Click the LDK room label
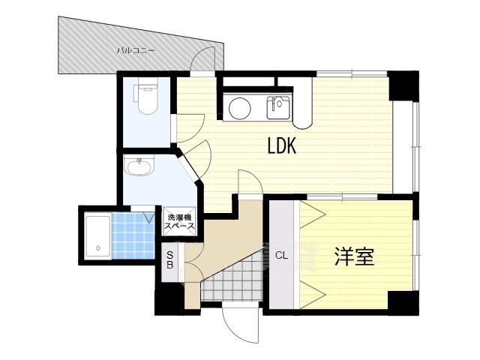[x=282, y=145]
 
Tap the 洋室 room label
[x=354, y=256]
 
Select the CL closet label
[x=282, y=256]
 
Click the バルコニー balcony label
[x=136, y=50]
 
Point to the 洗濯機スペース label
[x=179, y=222]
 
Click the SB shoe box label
[x=170, y=260]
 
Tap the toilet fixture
[x=145, y=95]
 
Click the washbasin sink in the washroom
[x=139, y=165]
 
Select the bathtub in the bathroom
[x=97, y=237]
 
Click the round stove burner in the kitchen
[x=240, y=109]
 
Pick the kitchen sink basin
[x=278, y=107]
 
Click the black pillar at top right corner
[x=403, y=85]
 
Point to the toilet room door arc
[x=190, y=127]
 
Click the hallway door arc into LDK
[x=250, y=181]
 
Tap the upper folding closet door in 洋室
[x=312, y=214]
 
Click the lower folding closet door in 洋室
[x=312, y=295]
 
